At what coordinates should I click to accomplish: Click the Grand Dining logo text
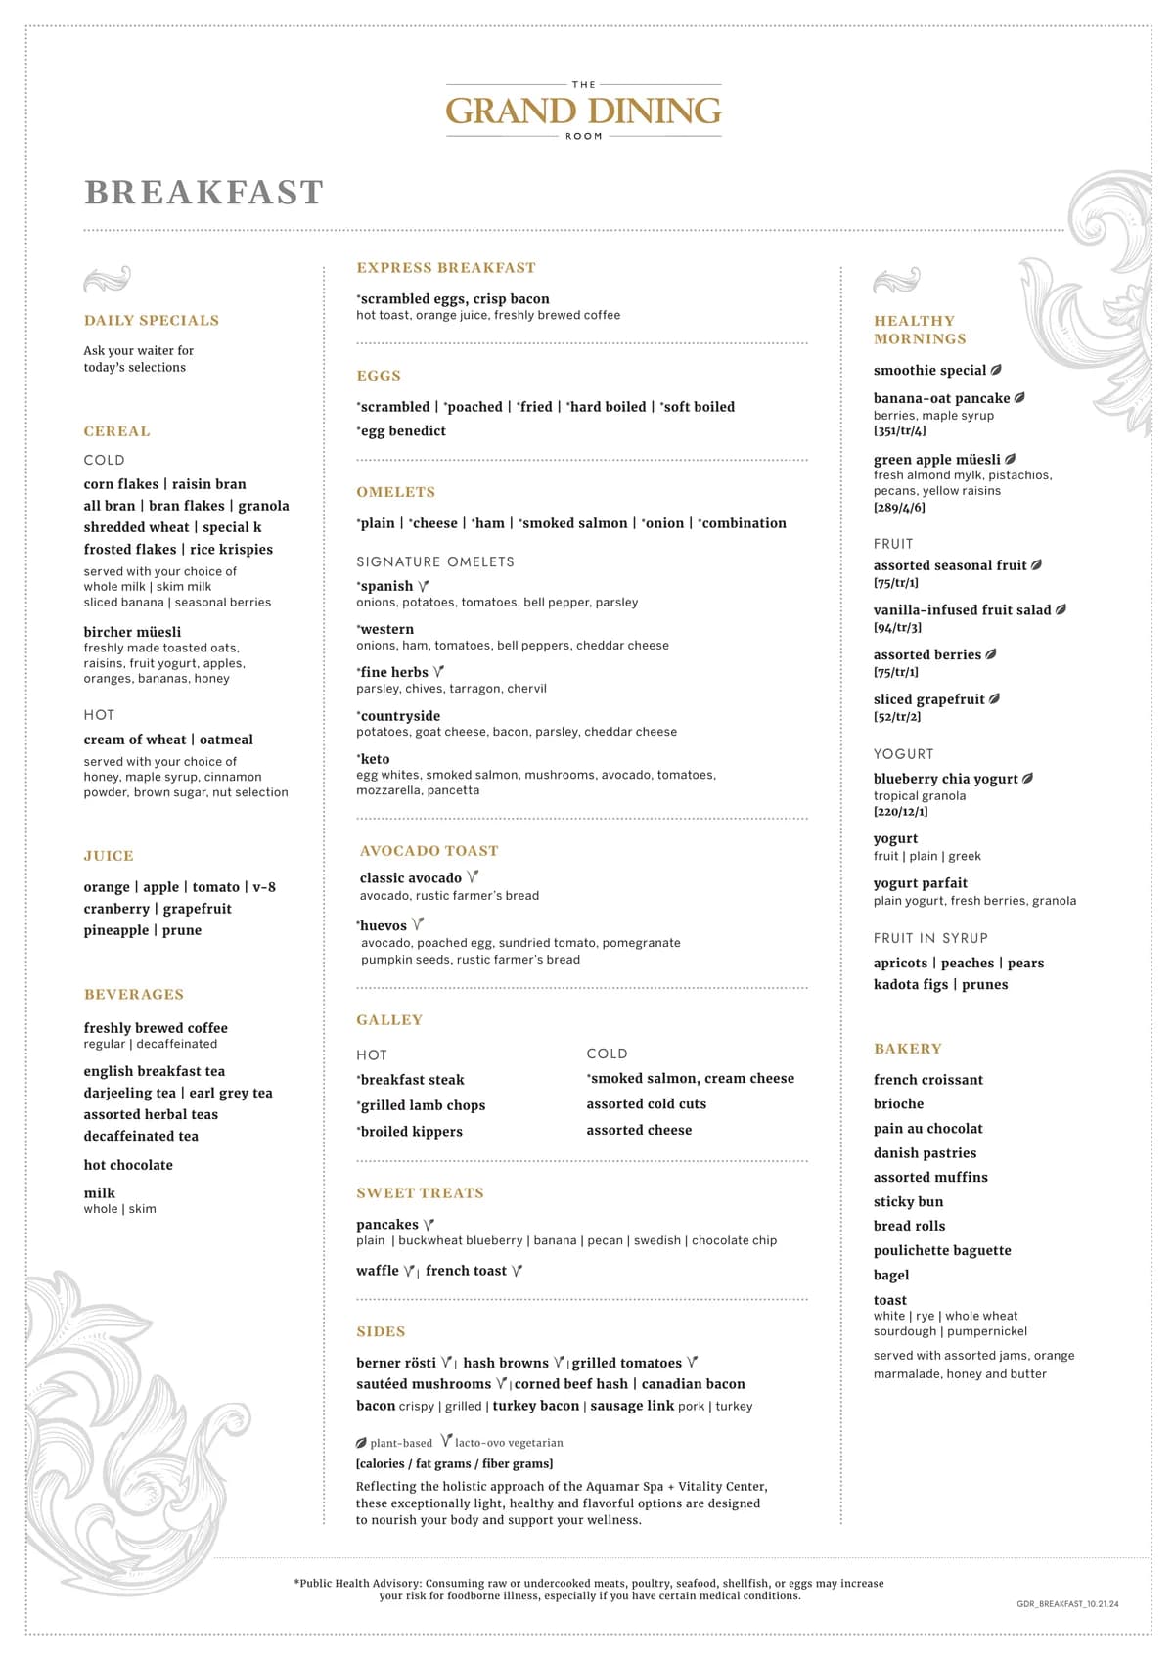(584, 111)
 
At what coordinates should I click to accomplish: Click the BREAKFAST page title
(203, 193)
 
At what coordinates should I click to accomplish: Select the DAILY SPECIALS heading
(152, 321)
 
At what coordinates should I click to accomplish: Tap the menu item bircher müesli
(132, 632)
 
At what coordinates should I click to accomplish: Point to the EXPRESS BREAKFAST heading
(446, 268)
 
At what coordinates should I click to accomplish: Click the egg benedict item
(402, 431)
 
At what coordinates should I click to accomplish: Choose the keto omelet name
(375, 759)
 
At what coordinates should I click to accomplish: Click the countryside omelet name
(399, 716)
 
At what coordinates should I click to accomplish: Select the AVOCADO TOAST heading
(429, 851)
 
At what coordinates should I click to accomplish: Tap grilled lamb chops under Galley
(422, 1105)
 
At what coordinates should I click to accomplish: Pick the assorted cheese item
(639, 1130)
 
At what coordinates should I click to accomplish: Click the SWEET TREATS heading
(420, 1193)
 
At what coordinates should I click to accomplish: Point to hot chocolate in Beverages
(128, 1165)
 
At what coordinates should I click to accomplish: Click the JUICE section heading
(109, 856)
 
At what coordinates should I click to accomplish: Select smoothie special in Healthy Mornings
(930, 371)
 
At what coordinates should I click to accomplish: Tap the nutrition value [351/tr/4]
(899, 431)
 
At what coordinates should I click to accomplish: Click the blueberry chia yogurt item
(946, 780)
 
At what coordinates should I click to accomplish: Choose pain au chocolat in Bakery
(927, 1129)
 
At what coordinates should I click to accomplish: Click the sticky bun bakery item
(908, 1202)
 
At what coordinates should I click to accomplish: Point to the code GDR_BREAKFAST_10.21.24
(1067, 1604)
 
